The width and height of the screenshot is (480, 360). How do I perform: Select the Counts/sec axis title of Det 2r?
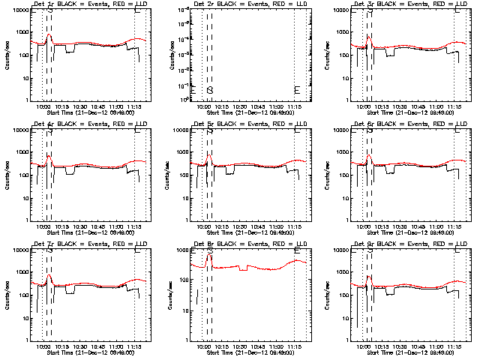(167, 55)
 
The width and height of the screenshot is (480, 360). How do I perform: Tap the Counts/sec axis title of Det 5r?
(167, 175)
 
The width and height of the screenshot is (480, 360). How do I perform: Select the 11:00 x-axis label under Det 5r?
(276, 226)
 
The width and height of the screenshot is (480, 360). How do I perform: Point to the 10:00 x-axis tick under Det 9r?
(364, 346)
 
